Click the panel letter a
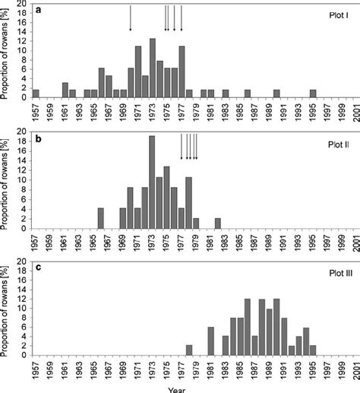coord(37,10)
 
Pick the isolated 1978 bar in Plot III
coord(189,350)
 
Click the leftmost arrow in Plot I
coord(131,19)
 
